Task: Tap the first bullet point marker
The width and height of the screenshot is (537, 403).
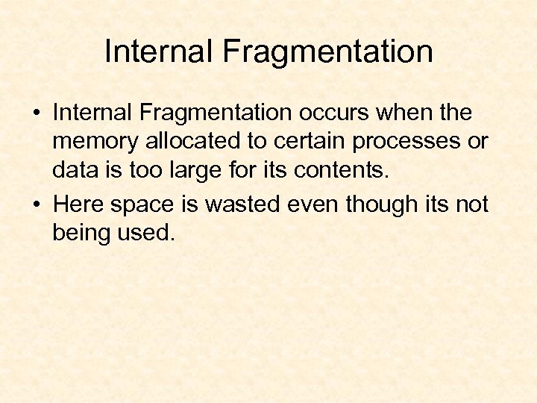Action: click(36, 114)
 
